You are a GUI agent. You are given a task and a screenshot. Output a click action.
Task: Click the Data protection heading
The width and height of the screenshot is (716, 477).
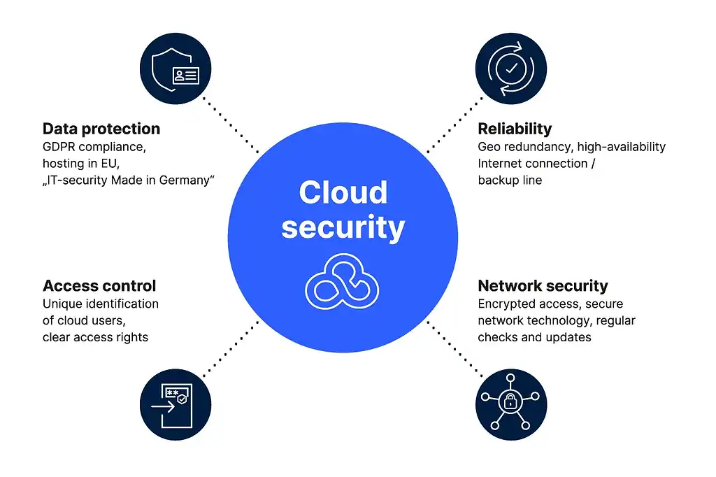(x=101, y=129)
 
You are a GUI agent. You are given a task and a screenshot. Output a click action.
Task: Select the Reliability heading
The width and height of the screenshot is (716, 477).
(x=515, y=129)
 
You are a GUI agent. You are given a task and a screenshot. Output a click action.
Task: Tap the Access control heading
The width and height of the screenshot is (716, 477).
(x=99, y=285)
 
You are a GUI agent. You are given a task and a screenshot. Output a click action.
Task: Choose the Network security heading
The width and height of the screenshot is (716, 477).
(x=543, y=285)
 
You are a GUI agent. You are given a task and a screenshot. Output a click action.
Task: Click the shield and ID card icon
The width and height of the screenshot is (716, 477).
(x=176, y=68)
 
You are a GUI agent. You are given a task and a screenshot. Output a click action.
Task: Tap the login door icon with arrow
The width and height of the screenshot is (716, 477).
(x=176, y=405)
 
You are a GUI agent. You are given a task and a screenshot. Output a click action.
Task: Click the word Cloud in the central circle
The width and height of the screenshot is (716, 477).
(x=343, y=192)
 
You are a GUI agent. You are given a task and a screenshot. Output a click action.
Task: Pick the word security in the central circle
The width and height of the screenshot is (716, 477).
(x=343, y=227)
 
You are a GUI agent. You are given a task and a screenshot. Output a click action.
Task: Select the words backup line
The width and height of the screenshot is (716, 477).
(x=510, y=180)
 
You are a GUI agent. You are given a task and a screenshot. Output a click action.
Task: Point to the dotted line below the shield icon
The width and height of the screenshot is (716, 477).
(x=231, y=124)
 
